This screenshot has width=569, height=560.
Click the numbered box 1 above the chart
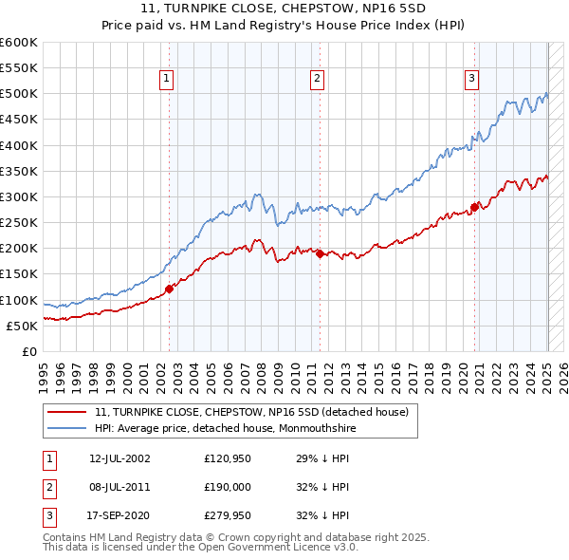tap(166, 80)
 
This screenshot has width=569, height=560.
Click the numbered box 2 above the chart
tap(316, 80)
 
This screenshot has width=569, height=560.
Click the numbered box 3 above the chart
tap(471, 80)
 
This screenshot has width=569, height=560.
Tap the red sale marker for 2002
tap(170, 289)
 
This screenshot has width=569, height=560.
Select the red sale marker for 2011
tap(320, 253)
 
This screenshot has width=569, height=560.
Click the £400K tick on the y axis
tap(18, 145)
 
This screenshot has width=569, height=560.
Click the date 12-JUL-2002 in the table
tap(119, 458)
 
